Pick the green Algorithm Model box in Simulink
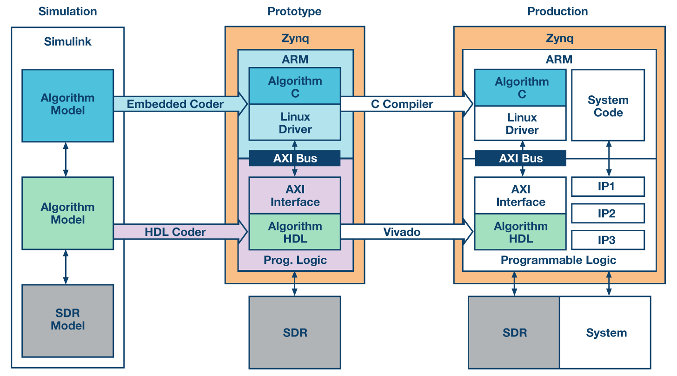(x=67, y=214)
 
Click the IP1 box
(x=608, y=187)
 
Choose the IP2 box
(x=608, y=214)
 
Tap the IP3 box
(x=608, y=240)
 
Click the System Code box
(x=608, y=106)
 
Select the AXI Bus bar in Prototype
(x=295, y=158)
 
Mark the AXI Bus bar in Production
(x=520, y=158)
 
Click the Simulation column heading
(x=67, y=12)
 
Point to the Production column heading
(x=558, y=12)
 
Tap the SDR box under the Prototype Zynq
(x=295, y=333)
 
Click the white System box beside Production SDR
(x=606, y=333)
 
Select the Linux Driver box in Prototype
(x=295, y=123)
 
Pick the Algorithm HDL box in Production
(x=520, y=233)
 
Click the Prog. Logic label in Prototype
(x=295, y=260)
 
